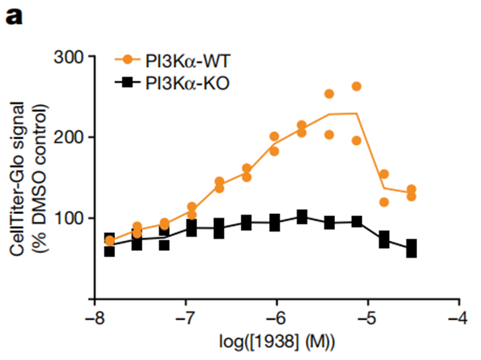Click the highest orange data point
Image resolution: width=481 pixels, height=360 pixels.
tap(357, 86)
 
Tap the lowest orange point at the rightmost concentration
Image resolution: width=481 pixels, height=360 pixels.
tap(411, 196)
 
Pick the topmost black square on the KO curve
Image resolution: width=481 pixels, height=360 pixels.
tap(302, 216)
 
